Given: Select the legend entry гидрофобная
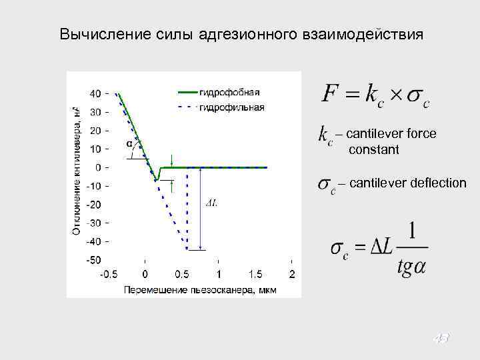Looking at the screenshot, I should [229, 92].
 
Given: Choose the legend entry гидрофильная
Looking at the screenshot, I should [231, 107].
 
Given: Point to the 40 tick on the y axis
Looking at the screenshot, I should [96, 93].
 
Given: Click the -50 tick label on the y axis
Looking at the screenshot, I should [94, 259].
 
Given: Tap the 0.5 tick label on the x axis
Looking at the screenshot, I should [181, 275].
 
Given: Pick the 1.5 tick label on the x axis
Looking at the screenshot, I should [255, 275].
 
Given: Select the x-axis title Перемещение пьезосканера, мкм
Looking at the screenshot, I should [199, 290].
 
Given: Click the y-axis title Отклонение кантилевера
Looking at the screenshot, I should [77, 170].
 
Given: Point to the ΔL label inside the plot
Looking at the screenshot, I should [211, 203].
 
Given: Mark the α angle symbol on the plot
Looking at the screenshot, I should [128, 144].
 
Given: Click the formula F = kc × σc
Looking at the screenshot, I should [376, 94].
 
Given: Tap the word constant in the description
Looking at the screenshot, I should [373, 150].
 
